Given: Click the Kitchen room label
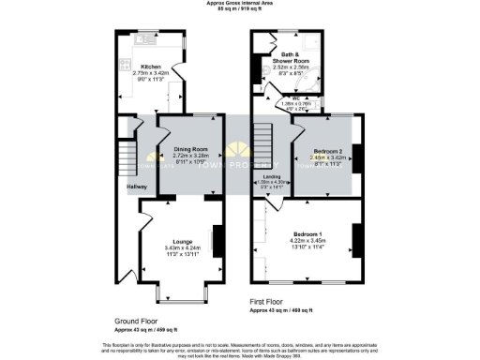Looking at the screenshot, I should (150, 67).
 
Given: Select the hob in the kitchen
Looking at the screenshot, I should (125, 67).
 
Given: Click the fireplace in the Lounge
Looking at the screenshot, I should (217, 241).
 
